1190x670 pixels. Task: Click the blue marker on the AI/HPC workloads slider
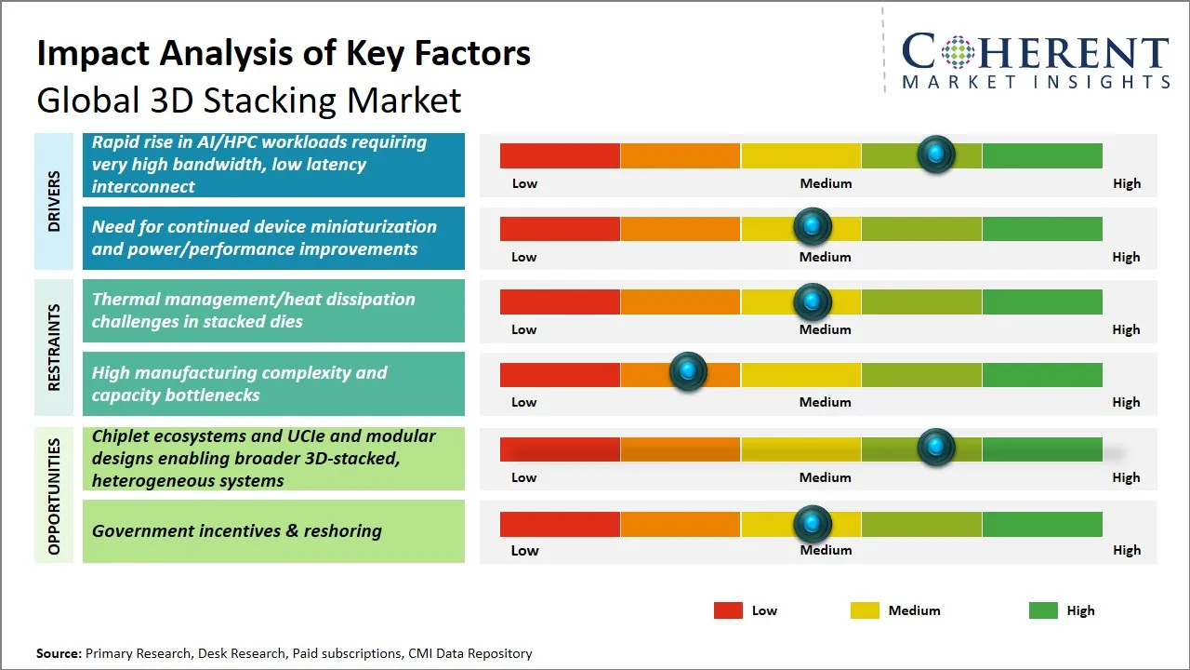(x=936, y=154)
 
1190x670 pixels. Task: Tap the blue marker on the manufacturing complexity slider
(x=688, y=372)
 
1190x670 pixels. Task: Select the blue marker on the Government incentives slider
(x=813, y=524)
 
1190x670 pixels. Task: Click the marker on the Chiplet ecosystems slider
(x=936, y=448)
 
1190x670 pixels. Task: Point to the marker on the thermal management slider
(x=813, y=301)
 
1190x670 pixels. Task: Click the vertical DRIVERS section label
(x=54, y=201)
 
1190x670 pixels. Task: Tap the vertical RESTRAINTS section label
(x=54, y=347)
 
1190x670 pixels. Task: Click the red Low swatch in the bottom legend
(x=728, y=610)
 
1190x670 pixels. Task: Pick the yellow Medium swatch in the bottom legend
(x=865, y=610)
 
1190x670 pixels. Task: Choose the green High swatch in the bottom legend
(x=1043, y=610)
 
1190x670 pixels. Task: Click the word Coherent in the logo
(x=1035, y=53)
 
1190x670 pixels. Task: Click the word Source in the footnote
(x=58, y=653)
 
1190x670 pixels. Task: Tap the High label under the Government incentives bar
(x=1126, y=550)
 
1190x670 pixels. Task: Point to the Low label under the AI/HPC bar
(x=524, y=183)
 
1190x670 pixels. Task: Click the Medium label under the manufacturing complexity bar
(x=825, y=402)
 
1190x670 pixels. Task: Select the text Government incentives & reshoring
(x=237, y=531)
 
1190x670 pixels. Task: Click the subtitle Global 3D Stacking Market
(x=248, y=100)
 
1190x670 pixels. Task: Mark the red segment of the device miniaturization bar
(x=560, y=229)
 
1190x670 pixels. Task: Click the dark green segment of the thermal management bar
(x=1041, y=301)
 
